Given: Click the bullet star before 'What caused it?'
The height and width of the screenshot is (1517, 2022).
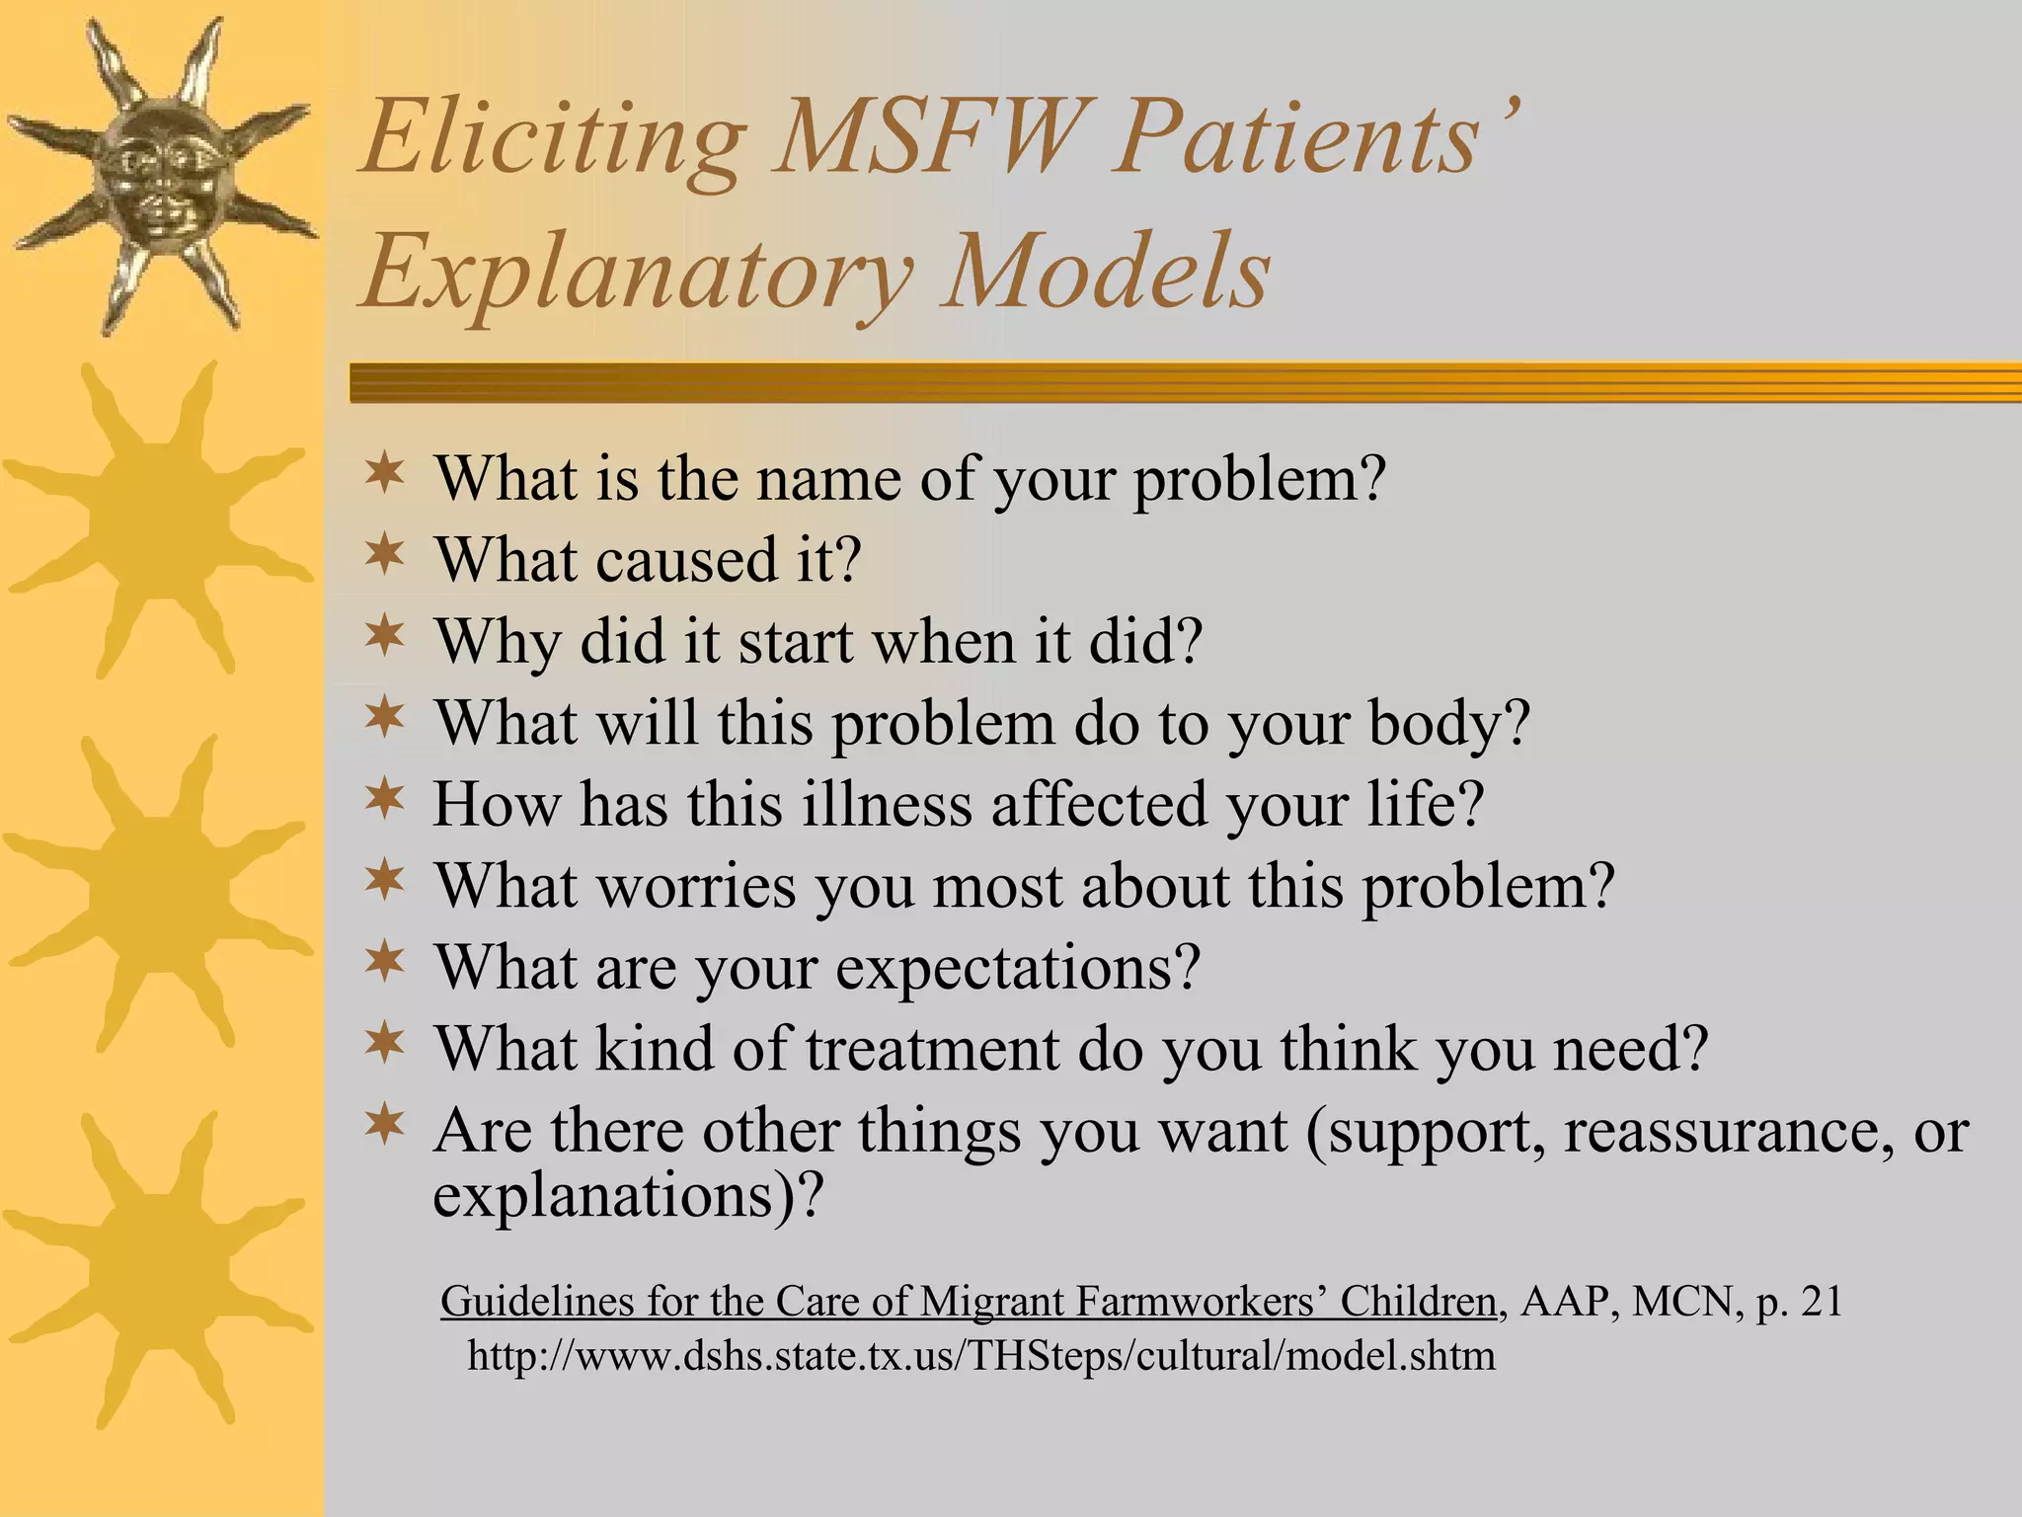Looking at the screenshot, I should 384,555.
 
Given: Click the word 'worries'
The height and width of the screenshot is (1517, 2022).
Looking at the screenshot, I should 697,886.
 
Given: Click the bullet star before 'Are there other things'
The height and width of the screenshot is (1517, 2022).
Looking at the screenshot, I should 384,1126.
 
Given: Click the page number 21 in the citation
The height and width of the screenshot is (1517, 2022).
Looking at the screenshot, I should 1821,1302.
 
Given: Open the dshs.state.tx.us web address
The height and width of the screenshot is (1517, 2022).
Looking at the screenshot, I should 980,1356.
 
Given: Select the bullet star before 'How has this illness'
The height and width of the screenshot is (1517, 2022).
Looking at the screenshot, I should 384,799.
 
